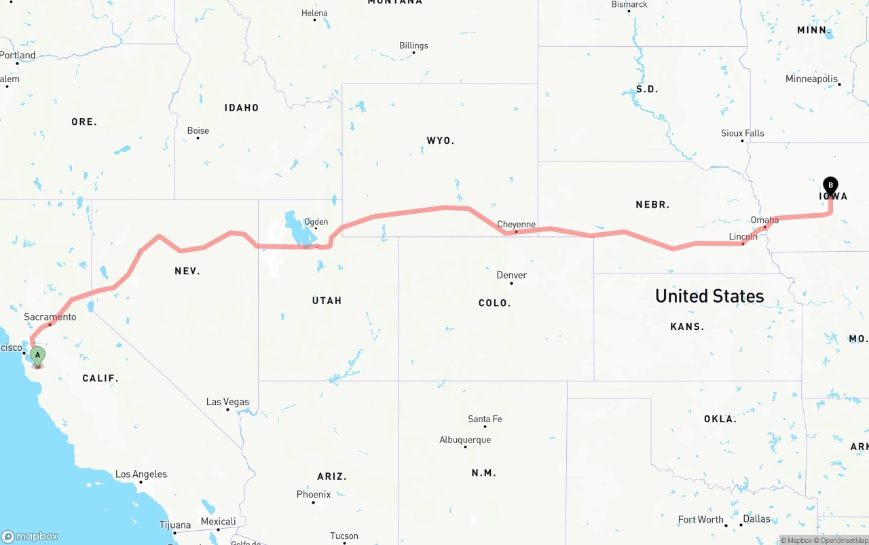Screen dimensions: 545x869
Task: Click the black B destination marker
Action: tap(830, 186)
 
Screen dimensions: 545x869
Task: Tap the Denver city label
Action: tap(511, 275)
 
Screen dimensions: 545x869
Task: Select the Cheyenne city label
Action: tap(516, 224)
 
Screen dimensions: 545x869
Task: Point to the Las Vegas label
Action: tap(227, 402)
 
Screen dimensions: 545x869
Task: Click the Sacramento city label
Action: tap(50, 317)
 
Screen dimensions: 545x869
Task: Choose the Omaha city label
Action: tap(764, 220)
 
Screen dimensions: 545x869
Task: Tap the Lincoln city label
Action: tap(743, 236)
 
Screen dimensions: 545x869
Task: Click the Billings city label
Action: tap(413, 45)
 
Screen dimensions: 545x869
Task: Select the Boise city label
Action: tap(198, 130)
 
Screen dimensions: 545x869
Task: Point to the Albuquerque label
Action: tap(465, 440)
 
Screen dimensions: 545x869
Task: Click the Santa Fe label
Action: tap(485, 419)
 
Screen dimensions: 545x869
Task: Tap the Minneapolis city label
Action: tap(811, 79)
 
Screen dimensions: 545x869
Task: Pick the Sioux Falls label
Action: tap(742, 133)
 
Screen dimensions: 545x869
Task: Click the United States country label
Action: tap(709, 296)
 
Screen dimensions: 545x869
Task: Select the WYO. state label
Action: tap(441, 140)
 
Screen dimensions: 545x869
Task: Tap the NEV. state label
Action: tap(187, 271)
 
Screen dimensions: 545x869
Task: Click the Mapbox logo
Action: tap(30, 536)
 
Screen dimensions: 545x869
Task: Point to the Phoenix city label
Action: tap(314, 494)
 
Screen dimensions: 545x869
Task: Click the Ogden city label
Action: tap(316, 222)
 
